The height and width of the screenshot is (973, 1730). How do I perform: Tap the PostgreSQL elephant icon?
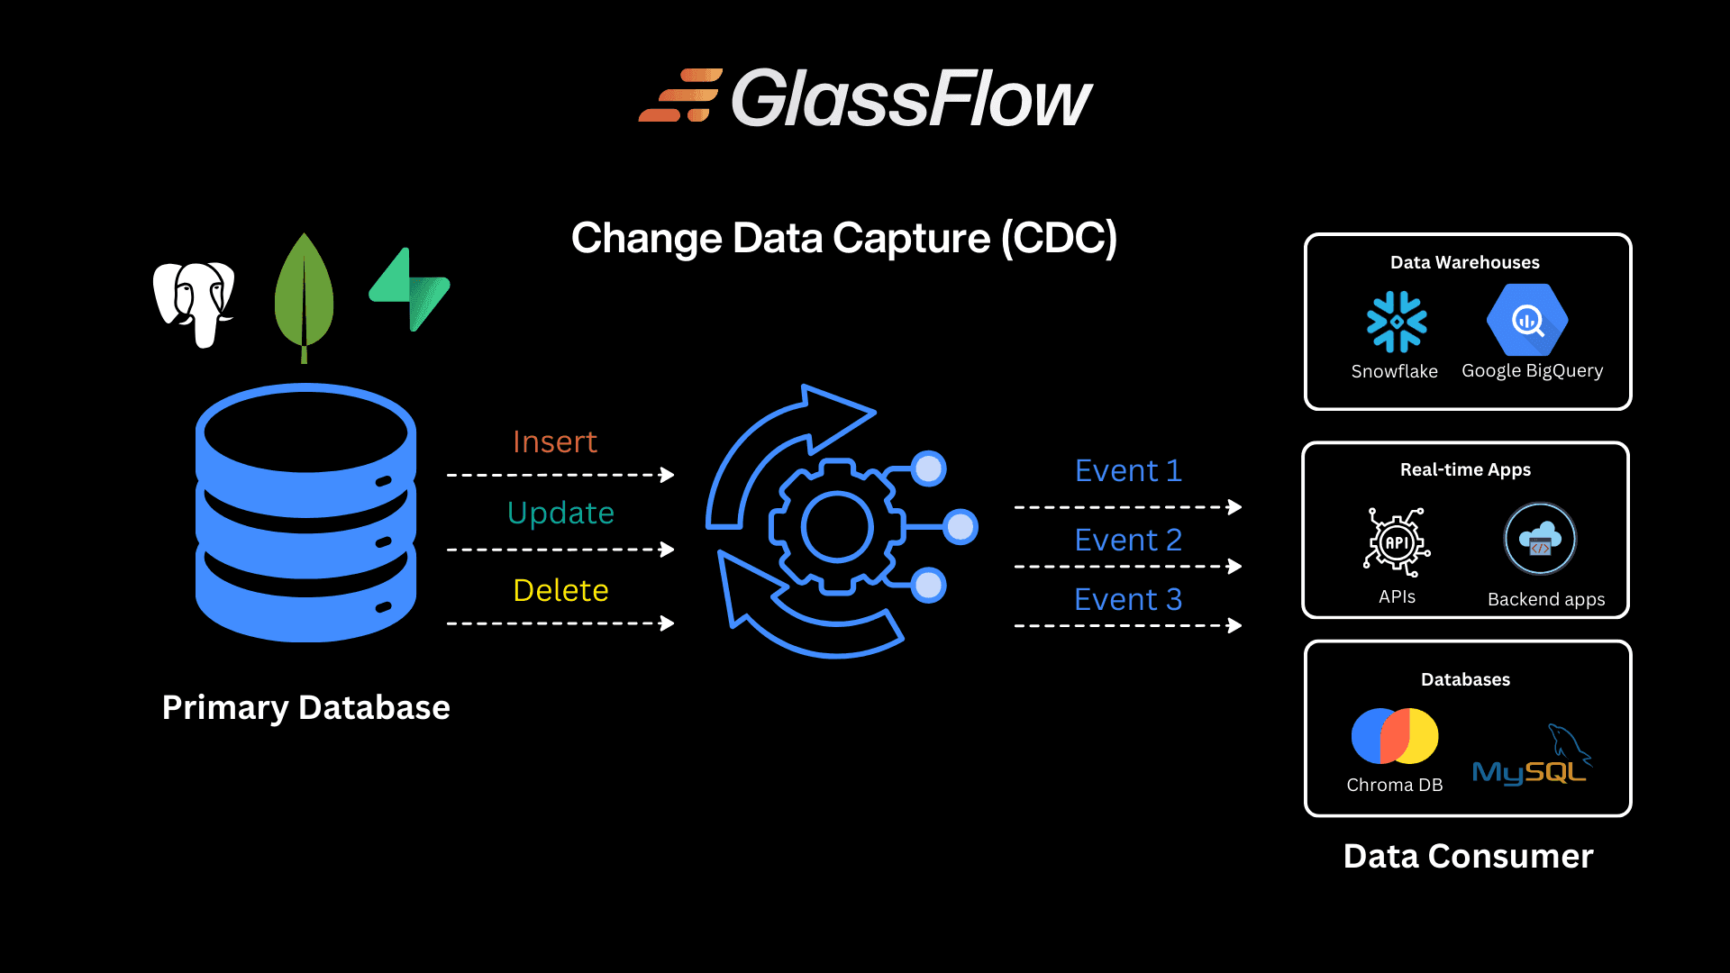[194, 303]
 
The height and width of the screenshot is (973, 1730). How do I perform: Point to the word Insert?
[554, 441]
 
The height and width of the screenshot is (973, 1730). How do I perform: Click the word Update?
[560, 513]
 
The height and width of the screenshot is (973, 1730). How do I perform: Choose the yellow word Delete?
[560, 590]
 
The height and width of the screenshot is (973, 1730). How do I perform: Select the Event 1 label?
[1127, 470]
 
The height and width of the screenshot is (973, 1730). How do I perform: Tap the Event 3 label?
[1127, 599]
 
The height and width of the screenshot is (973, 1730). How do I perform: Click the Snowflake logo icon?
[1397, 321]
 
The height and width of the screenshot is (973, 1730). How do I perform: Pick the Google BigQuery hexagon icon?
[1527, 320]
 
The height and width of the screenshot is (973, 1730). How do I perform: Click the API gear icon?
[1397, 542]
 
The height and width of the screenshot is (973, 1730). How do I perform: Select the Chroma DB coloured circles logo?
[1395, 736]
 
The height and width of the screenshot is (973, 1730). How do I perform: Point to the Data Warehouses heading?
[1464, 262]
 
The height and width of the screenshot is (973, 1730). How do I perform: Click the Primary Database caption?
[305, 707]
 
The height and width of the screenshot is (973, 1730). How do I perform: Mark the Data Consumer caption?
[1468, 856]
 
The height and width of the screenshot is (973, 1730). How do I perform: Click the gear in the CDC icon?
[837, 527]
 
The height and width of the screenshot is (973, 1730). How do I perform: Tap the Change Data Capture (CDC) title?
[843, 239]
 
